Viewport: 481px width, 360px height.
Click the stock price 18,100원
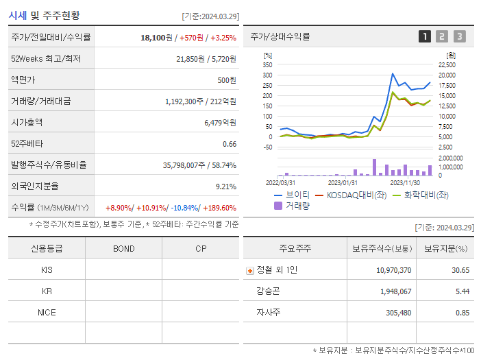click(153, 37)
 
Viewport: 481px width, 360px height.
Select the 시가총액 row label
click(27, 122)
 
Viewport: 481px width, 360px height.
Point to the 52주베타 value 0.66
click(230, 143)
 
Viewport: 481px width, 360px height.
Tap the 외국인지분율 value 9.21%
click(225, 186)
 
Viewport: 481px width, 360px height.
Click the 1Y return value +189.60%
click(219, 208)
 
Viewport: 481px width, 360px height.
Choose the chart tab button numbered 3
click(459, 36)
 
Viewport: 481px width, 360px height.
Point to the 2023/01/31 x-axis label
click(343, 182)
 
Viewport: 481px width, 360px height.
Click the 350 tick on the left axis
click(267, 64)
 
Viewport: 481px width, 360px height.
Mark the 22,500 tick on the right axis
click(446, 64)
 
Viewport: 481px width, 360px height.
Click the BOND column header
click(123, 248)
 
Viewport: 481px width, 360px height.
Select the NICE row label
click(47, 312)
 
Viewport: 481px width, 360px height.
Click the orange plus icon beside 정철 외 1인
click(249, 270)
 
